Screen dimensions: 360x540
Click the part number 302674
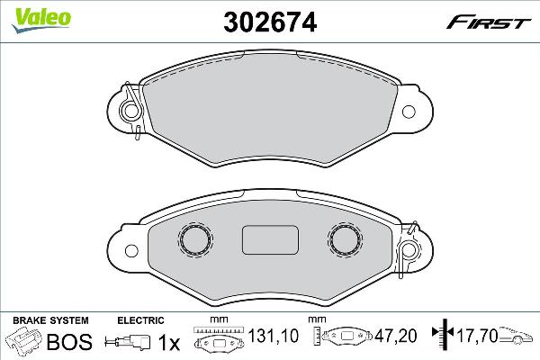267,21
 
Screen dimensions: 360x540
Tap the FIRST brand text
500,21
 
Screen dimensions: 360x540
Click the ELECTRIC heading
140,319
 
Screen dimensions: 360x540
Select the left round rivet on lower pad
194,238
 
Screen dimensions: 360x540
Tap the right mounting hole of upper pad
410,112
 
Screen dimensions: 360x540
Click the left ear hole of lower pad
130,249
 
